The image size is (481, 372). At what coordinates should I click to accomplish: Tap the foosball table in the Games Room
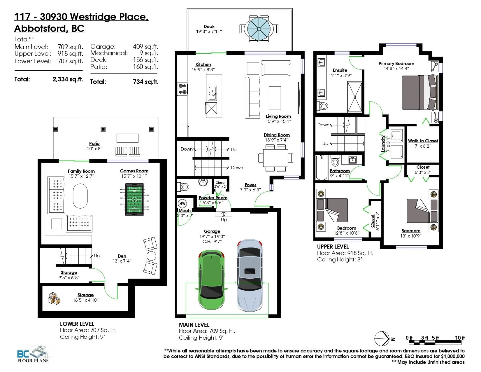click(134, 199)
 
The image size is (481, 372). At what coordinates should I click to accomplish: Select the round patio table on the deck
click(259, 29)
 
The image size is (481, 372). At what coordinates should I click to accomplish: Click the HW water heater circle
click(182, 204)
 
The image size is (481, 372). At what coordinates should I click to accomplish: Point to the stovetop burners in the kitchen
click(182, 89)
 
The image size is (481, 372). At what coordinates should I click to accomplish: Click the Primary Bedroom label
click(396, 64)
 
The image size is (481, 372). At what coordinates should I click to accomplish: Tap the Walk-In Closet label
click(423, 141)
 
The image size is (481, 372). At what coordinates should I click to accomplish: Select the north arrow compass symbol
click(382, 339)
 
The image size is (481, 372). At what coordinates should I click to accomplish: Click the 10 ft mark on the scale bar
click(460, 338)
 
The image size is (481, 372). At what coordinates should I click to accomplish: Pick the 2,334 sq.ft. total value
click(68, 79)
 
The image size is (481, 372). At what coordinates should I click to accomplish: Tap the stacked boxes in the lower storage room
click(54, 298)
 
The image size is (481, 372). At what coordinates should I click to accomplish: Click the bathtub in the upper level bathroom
click(322, 167)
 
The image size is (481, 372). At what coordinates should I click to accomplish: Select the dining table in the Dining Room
click(275, 158)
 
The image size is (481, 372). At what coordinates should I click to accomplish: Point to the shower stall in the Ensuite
click(354, 97)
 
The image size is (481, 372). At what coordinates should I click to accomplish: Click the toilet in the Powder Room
click(183, 187)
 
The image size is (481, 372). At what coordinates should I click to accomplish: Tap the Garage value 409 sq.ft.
click(145, 46)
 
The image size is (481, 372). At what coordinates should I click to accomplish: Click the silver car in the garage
click(250, 275)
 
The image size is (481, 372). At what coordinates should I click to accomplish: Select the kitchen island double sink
click(212, 93)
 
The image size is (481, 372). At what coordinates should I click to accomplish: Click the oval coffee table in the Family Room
click(80, 196)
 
